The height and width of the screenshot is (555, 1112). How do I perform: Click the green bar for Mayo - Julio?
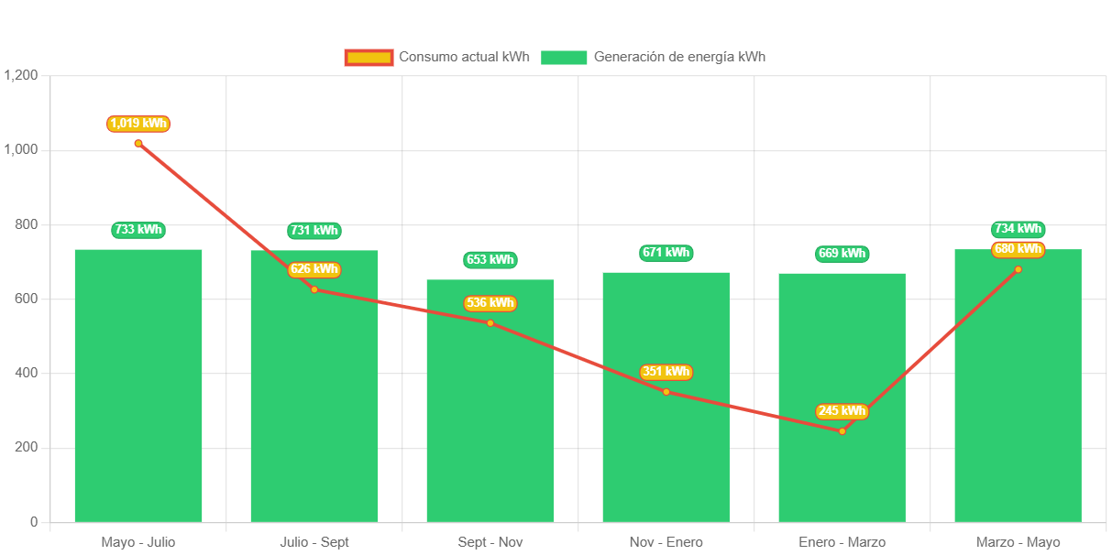click(138, 385)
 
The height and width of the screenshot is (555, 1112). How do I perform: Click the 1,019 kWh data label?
click(138, 124)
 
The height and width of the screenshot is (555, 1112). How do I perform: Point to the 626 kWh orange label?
click(314, 269)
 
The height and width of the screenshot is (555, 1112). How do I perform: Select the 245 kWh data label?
click(842, 411)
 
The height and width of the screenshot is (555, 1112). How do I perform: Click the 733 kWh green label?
click(138, 230)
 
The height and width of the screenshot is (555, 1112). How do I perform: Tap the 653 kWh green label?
click(490, 260)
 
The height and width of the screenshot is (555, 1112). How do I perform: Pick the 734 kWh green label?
click(1018, 229)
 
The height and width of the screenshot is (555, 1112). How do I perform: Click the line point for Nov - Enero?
click(666, 392)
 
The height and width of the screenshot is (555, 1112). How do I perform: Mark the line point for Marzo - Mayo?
click(1018, 269)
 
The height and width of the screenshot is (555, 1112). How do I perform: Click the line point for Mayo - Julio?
click(138, 143)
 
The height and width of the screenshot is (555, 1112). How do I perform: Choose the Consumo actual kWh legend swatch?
click(369, 58)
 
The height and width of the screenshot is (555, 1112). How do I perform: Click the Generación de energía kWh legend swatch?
click(563, 58)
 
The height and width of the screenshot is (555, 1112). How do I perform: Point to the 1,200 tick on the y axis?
click(21, 75)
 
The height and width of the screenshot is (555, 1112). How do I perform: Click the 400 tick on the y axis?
click(26, 373)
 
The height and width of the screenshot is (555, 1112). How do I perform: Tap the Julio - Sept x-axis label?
click(314, 542)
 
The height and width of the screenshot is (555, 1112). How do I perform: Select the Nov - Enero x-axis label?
click(666, 542)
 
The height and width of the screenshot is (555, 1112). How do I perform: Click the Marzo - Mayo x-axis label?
click(1018, 542)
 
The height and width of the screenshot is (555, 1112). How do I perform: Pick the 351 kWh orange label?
click(666, 372)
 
